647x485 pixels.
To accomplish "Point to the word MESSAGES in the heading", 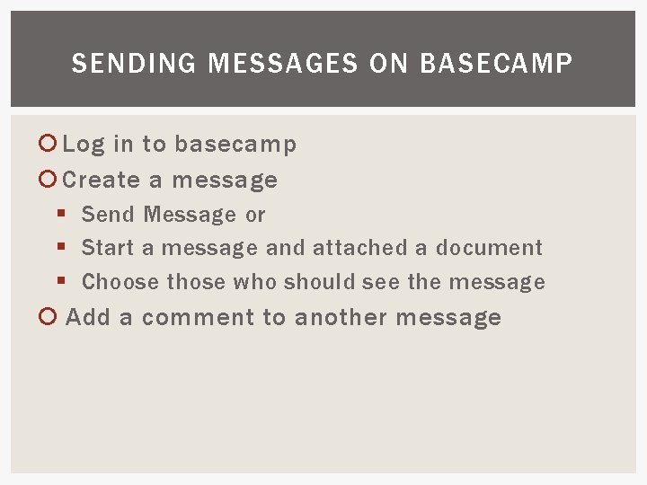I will [x=274, y=64].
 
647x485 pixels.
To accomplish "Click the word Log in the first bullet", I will [x=84, y=145].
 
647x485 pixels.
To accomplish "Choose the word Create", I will [x=102, y=180].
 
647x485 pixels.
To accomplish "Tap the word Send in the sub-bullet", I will [x=108, y=215].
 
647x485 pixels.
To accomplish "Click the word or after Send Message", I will [x=255, y=216].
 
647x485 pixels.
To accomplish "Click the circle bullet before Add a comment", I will [x=51, y=317].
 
